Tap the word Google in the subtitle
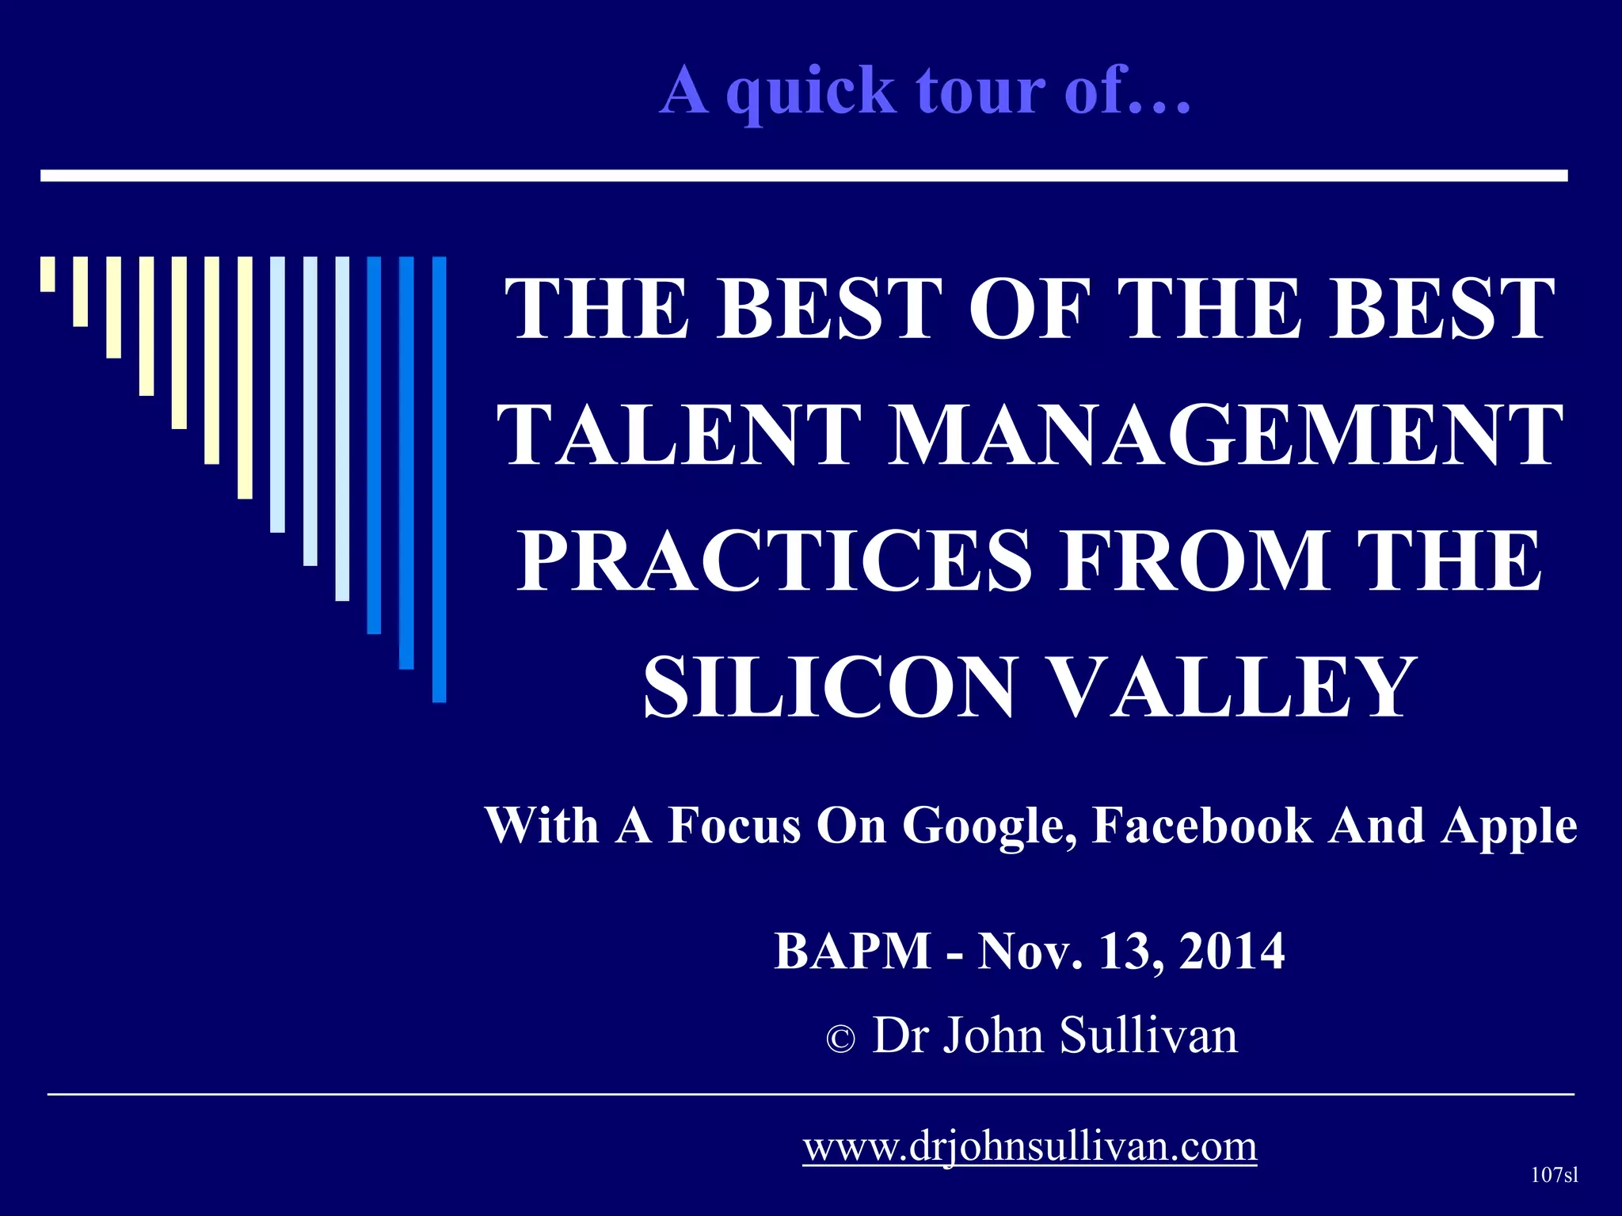pos(989,826)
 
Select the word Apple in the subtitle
pos(1510,826)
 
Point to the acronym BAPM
pos(852,951)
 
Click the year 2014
pos(1232,951)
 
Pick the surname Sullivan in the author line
pos(1148,1035)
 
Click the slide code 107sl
pos(1555,1175)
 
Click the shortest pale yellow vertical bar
pos(48,274)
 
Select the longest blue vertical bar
pos(439,479)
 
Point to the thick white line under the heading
pos(804,176)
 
